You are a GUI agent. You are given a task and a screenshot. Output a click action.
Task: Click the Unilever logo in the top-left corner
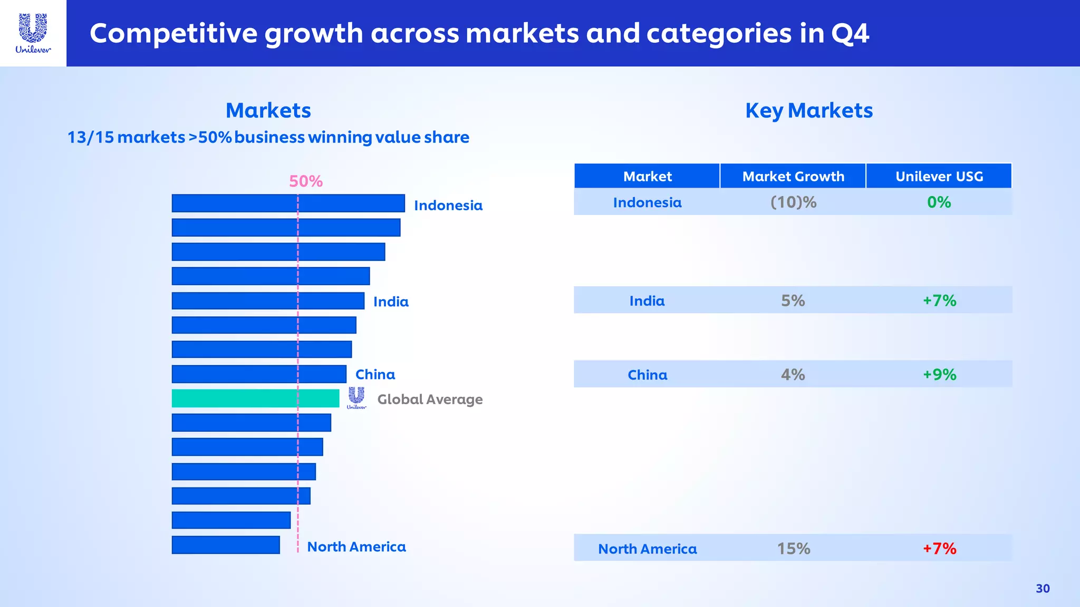point(33,33)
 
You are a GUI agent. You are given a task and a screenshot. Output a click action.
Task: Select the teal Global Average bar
point(255,398)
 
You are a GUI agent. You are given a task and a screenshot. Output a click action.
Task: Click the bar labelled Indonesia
point(288,203)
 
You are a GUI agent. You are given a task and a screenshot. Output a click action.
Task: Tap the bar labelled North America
point(226,545)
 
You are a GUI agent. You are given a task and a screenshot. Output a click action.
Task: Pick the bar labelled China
point(259,374)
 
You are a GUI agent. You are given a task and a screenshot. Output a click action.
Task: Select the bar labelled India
point(268,301)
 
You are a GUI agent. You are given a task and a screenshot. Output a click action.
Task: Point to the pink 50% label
point(306,181)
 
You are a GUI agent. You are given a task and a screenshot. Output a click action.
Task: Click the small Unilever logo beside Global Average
point(356,398)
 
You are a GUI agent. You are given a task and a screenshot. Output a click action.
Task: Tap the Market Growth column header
point(793,176)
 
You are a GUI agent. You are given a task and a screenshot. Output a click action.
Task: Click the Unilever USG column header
point(939,176)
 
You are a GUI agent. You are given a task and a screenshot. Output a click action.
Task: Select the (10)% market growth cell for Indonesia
point(793,202)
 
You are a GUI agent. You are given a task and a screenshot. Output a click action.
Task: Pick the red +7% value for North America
point(939,549)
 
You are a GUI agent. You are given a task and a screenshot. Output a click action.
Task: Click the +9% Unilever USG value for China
point(939,375)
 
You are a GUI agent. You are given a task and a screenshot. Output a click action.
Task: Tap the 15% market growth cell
point(793,549)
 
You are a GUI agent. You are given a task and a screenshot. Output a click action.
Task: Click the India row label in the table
point(647,301)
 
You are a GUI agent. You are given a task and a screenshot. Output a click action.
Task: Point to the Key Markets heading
point(809,111)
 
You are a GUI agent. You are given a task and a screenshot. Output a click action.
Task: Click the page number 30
point(1043,589)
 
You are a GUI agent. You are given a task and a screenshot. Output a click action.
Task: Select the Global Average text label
point(430,399)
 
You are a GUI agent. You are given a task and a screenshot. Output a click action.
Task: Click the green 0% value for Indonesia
point(939,202)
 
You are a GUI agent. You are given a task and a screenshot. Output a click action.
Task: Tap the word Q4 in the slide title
point(850,33)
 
